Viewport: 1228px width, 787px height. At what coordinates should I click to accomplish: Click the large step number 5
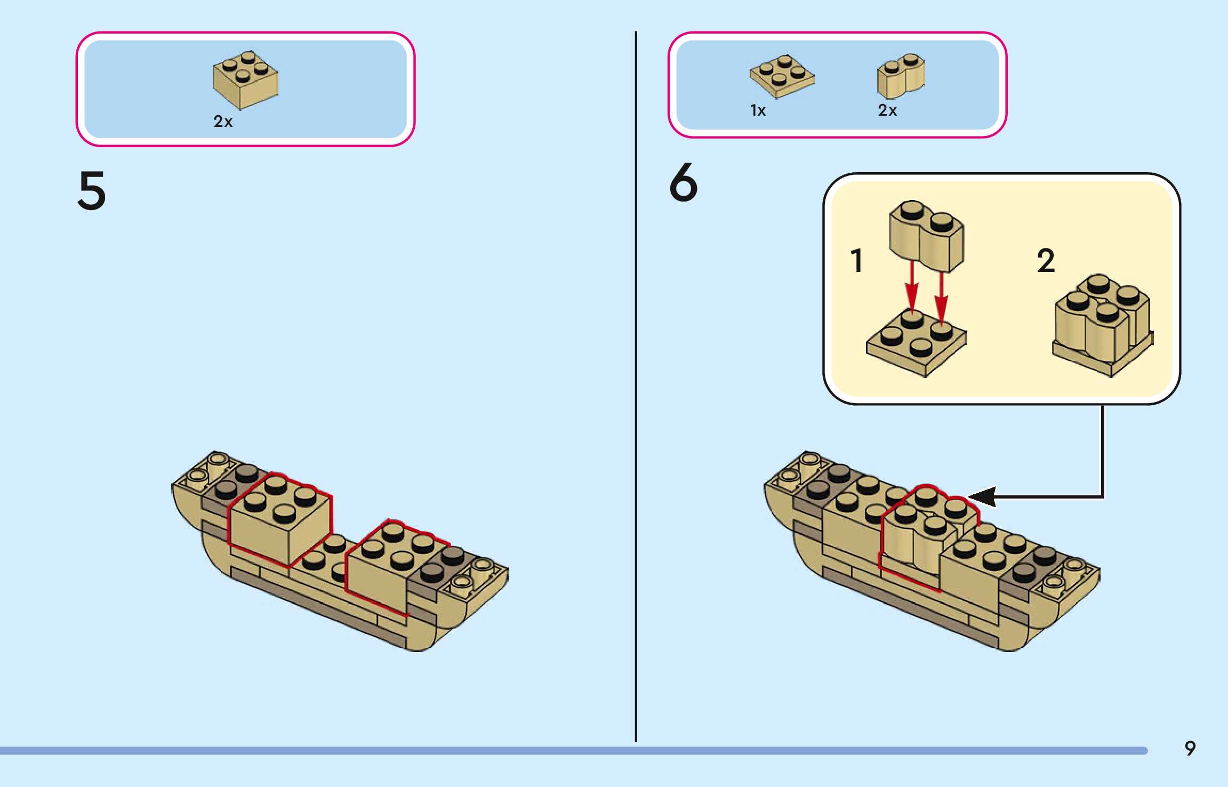point(92,190)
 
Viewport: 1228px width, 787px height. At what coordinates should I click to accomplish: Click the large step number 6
point(683,183)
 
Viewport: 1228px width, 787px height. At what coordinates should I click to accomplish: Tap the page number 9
point(1190,749)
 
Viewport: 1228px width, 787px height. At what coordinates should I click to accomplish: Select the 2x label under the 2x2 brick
point(223,122)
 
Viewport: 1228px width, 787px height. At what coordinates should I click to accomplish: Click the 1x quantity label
point(758,110)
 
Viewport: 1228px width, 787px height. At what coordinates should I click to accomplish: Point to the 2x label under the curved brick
point(887,110)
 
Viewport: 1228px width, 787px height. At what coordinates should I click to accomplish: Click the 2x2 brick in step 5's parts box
point(245,80)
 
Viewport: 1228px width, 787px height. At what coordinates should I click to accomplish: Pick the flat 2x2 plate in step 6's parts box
point(782,76)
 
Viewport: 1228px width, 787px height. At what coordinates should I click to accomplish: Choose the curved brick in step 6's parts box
point(901,76)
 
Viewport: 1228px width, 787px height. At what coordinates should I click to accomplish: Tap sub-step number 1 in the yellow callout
point(856,261)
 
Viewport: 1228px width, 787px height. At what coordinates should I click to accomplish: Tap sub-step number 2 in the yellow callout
point(1046,261)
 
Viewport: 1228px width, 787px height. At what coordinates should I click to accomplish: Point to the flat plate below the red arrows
point(916,344)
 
